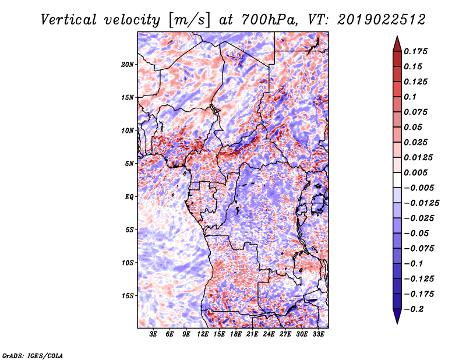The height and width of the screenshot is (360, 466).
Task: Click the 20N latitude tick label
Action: [127, 65]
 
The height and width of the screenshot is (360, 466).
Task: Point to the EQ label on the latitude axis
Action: [129, 197]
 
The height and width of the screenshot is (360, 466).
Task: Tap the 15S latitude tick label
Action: [127, 296]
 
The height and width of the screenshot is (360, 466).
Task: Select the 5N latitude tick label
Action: [129, 164]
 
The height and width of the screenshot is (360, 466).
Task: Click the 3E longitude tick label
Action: [153, 334]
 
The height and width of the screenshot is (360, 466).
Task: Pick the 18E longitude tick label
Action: [236, 334]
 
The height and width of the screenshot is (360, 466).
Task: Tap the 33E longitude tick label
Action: [318, 334]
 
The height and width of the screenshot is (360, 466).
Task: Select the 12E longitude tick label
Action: [203, 334]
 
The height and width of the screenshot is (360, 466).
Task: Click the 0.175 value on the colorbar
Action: [415, 51]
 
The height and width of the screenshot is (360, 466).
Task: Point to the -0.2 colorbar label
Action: [414, 309]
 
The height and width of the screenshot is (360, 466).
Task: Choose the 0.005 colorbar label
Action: [415, 172]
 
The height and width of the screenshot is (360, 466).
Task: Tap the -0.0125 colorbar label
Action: [421, 203]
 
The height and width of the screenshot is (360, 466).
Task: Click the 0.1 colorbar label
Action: [410, 97]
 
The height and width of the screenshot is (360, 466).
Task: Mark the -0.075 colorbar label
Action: [419, 249]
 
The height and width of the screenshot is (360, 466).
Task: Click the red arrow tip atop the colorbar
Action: [397, 36]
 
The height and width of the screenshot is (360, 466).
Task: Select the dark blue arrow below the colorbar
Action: [397, 316]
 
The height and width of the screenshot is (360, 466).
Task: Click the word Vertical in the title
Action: [69, 20]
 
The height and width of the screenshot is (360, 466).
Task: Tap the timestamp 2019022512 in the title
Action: [382, 20]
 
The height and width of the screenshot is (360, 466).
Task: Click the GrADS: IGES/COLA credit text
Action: [33, 355]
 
